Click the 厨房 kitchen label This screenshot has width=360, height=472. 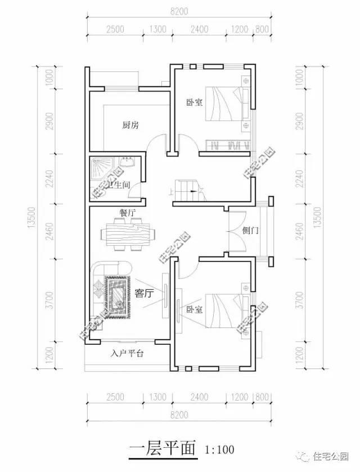[130, 125]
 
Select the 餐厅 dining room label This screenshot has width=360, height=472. [127, 213]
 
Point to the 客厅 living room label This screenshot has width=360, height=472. [145, 293]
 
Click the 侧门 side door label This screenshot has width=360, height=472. [251, 231]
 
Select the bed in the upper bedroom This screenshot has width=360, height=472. [225, 104]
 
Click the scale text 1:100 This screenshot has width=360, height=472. [219, 450]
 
